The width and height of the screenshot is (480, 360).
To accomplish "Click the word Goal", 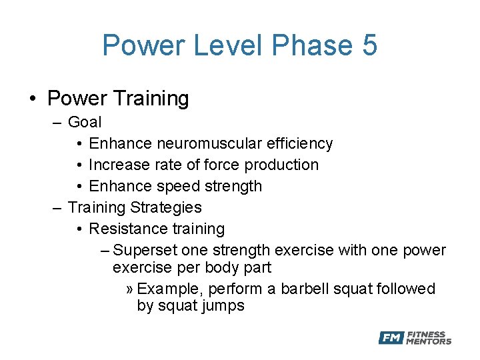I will (85, 122).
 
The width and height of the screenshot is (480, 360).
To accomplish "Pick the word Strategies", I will (167, 207).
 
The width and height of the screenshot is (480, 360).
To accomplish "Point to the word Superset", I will (145, 250).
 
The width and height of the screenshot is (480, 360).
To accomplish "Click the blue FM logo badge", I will (391, 338).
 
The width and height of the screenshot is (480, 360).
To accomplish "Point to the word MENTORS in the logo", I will (429, 341).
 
